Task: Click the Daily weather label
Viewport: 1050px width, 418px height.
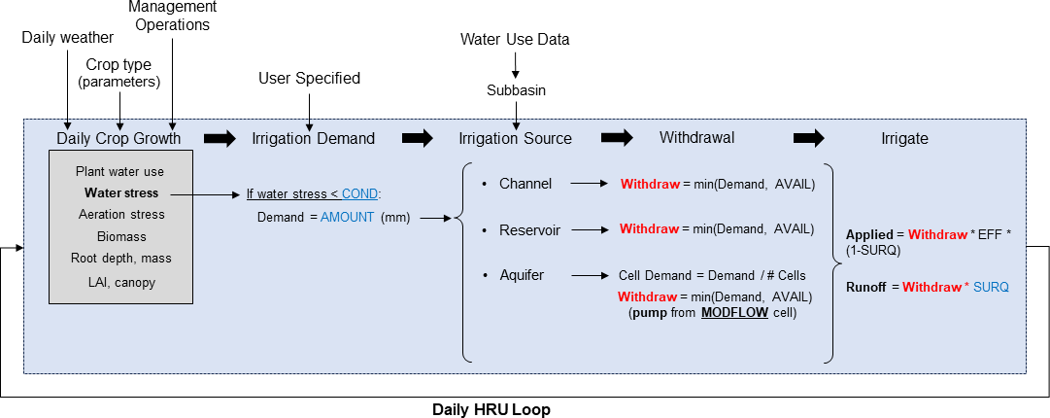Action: click(68, 38)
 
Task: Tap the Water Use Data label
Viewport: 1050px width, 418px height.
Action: click(515, 40)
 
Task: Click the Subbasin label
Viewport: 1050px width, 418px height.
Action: click(516, 90)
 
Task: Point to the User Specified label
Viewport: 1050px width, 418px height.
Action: click(309, 78)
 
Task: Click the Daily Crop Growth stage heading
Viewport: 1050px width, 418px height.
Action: click(119, 138)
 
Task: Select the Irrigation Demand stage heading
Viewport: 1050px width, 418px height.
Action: click(313, 138)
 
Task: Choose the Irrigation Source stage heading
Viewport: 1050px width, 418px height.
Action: click(515, 138)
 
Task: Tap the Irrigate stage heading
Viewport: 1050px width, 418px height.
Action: click(903, 138)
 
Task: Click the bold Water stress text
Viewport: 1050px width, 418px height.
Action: click(121, 192)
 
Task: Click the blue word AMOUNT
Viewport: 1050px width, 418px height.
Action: click(347, 217)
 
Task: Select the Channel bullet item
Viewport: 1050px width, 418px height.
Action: click(525, 183)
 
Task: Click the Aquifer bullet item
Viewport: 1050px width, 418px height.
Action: click(522, 275)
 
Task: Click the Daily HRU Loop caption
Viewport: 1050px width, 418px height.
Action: click(491, 409)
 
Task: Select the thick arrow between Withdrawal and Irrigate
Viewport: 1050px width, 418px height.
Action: click(809, 138)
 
